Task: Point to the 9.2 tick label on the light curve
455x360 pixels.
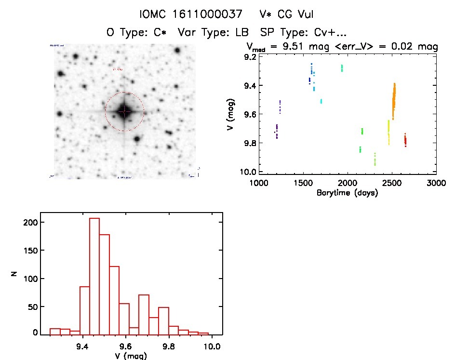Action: [x=250, y=57]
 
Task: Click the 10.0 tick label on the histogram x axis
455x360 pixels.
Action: [x=212, y=346]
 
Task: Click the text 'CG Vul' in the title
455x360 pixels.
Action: [x=294, y=15]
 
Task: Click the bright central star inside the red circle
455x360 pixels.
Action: [x=124, y=111]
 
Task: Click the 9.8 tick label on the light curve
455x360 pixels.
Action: [x=250, y=144]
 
